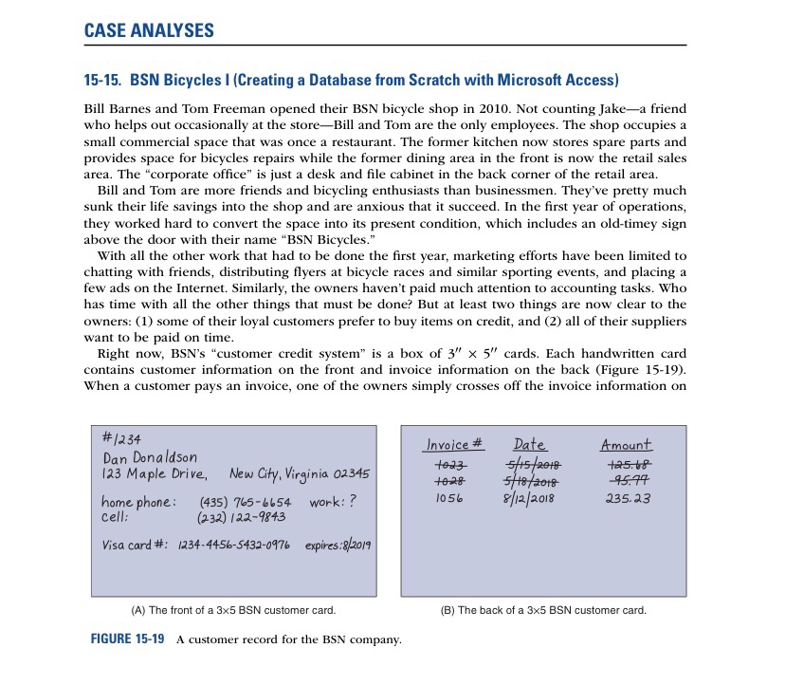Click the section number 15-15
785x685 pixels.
(x=98, y=77)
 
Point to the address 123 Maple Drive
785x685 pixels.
(x=153, y=473)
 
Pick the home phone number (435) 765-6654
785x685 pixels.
(x=246, y=500)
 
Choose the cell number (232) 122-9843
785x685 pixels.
(x=240, y=517)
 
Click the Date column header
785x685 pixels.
(x=529, y=445)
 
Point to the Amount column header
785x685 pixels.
(x=626, y=445)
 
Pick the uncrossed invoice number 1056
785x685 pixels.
(x=448, y=497)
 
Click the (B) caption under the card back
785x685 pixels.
(x=544, y=609)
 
